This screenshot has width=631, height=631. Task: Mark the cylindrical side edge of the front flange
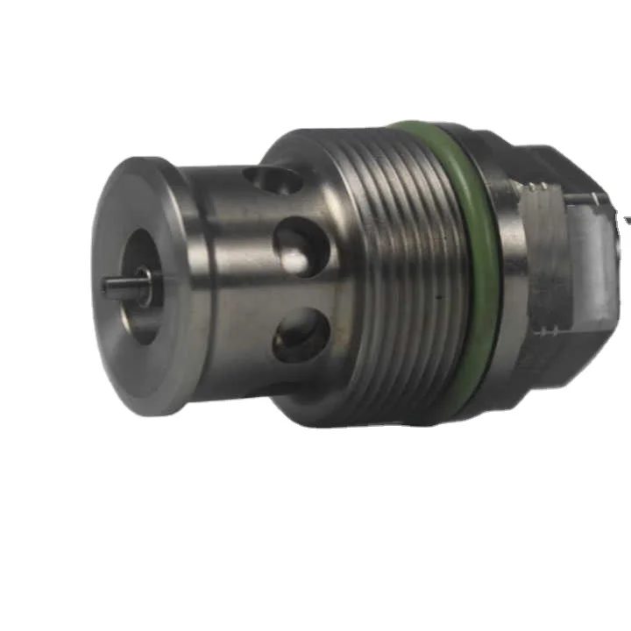coord(188,289)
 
